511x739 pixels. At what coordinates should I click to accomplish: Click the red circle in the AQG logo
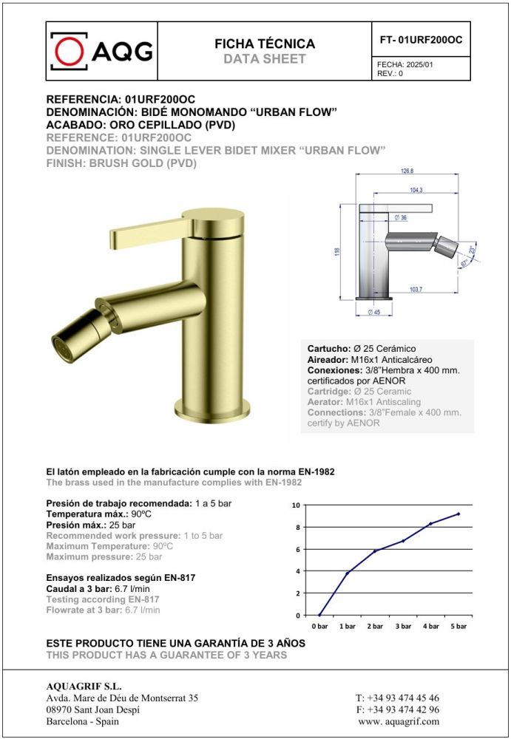click(x=70, y=50)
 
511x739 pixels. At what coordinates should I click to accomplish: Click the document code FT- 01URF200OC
click(x=419, y=40)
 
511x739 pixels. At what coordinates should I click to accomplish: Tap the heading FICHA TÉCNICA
click(x=264, y=44)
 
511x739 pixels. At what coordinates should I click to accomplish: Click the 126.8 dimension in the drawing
click(x=407, y=171)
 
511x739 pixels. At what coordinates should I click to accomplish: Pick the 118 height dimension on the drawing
click(x=337, y=251)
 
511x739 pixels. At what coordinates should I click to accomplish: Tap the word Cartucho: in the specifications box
click(x=328, y=348)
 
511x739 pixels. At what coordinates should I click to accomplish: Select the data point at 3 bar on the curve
click(x=403, y=541)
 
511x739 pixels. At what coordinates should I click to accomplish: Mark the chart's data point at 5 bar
click(x=458, y=514)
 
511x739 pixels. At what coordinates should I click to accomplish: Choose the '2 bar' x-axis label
click(x=375, y=626)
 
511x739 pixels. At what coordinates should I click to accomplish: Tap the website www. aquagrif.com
click(x=398, y=721)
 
